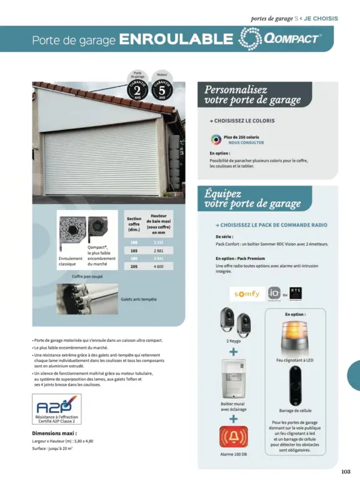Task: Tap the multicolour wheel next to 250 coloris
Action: (216, 139)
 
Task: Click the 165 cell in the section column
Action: (134, 250)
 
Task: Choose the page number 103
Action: (346, 471)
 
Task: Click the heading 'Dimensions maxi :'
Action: (54, 433)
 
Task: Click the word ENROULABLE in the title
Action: (176, 39)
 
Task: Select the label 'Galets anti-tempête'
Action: (139, 299)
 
